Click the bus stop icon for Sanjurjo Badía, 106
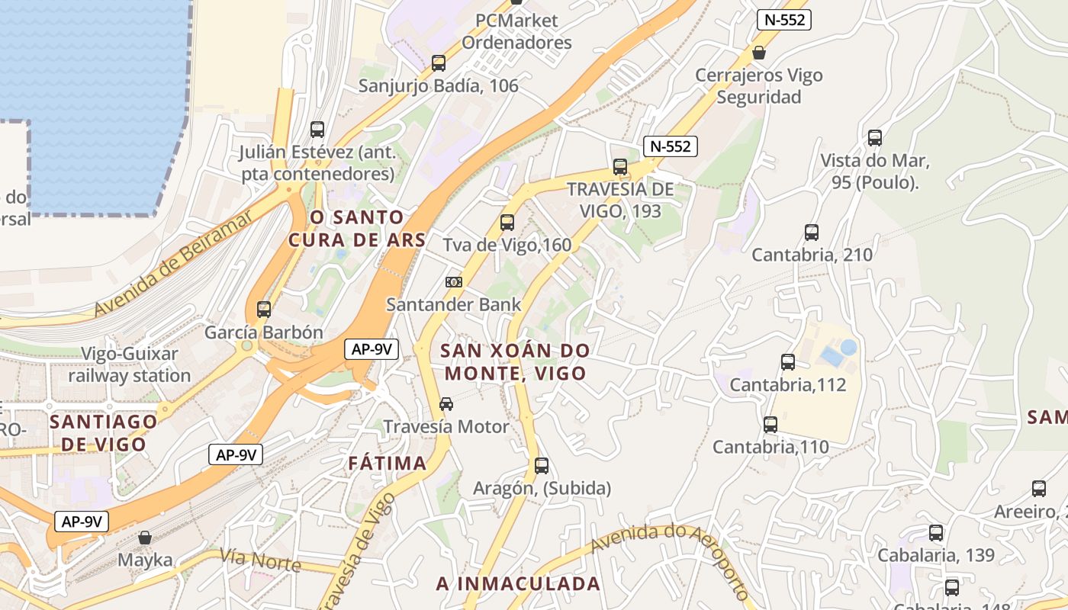[x=439, y=63]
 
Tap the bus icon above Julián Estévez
[x=317, y=130]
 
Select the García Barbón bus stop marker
[x=264, y=310]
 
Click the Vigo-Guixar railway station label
[x=130, y=364]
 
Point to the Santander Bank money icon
[x=454, y=282]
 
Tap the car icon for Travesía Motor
[x=446, y=404]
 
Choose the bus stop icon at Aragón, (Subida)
[x=542, y=465]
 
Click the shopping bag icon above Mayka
[x=145, y=538]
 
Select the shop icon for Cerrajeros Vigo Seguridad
[x=758, y=53]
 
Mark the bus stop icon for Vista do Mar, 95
[x=875, y=138]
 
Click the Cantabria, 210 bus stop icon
[x=812, y=233]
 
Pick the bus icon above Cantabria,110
[x=770, y=425]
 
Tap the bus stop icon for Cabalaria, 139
[x=936, y=533]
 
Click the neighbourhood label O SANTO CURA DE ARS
[x=356, y=228]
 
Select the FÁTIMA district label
[x=388, y=463]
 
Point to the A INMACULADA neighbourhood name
[x=518, y=583]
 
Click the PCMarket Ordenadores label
[x=516, y=31]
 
